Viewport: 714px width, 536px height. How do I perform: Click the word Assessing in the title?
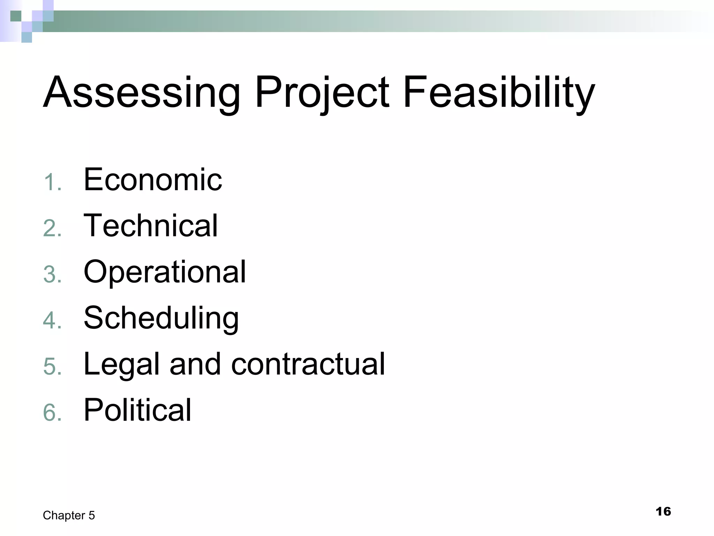point(142,92)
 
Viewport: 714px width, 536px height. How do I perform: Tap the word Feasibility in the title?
point(499,92)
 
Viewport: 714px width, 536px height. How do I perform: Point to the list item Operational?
point(165,272)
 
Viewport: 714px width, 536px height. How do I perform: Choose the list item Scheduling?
point(161,318)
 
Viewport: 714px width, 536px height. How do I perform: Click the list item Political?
point(137,410)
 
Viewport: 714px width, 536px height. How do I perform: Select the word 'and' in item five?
point(195,364)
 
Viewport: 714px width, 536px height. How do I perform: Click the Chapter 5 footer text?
point(69,515)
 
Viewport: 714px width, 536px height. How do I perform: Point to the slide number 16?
point(663,512)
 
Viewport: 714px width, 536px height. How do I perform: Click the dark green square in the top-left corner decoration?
point(16,16)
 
